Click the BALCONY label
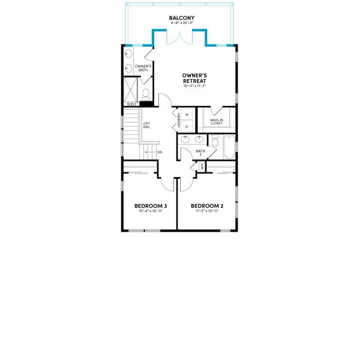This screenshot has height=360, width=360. click(181, 18)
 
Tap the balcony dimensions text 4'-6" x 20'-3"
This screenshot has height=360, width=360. click(181, 24)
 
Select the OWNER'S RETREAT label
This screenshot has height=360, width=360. click(194, 79)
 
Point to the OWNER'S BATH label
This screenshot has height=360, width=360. click(142, 68)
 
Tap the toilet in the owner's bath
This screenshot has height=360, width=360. click(145, 94)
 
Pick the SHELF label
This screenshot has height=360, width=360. click(131, 104)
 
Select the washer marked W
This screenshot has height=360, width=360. click(187, 114)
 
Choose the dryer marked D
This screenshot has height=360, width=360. click(187, 126)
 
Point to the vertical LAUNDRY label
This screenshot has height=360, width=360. click(178, 120)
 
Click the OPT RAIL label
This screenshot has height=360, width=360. click(146, 125)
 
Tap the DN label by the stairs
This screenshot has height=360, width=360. click(160, 152)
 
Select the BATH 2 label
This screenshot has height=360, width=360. click(199, 152)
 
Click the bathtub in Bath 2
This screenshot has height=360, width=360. click(229, 148)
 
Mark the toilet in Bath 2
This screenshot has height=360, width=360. click(214, 141)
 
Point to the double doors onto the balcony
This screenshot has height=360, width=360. click(181, 37)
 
